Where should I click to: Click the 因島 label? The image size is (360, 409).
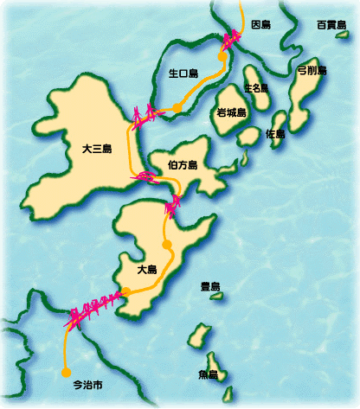pos(260,26)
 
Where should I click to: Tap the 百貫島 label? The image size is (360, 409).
pos(331,25)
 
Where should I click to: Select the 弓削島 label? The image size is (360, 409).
pos(311,70)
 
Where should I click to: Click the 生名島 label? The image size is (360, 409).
pos(256,88)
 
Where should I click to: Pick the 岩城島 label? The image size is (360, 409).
pos(232,112)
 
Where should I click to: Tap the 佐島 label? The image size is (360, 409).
pos(276,134)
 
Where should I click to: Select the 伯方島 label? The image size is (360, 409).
pos(182,164)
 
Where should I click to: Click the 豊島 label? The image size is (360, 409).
pos(210,286)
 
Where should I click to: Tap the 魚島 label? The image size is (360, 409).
pos(208,374)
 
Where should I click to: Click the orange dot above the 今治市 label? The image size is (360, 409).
pos(66,373)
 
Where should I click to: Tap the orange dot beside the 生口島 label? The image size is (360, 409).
pos(177,107)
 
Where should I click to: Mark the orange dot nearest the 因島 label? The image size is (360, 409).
pos(222,54)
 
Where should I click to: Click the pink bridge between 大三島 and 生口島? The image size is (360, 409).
pos(148,113)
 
